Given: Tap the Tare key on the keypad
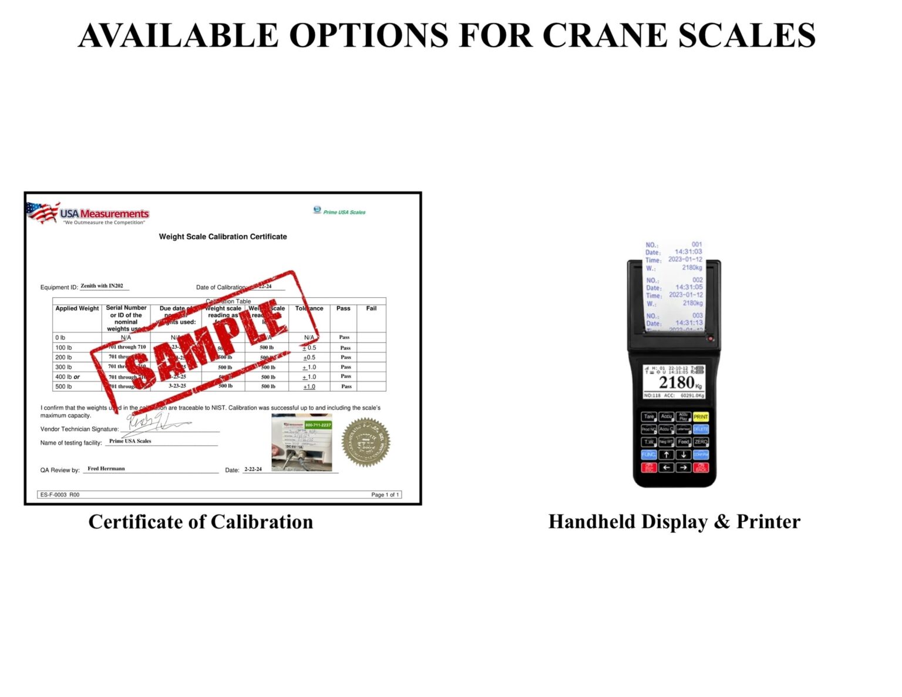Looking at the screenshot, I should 648,416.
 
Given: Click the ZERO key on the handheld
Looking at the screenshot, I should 701,442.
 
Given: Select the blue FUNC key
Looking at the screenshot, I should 648,454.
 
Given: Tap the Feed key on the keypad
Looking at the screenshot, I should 683,442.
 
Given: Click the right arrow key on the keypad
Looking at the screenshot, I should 683,467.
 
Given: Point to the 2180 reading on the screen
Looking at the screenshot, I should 676,383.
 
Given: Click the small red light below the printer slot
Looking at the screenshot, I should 710,339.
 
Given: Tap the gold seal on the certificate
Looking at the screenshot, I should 366,442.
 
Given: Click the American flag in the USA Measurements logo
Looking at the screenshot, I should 43,212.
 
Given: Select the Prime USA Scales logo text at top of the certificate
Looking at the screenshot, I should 344,212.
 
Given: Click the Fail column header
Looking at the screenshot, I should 371,308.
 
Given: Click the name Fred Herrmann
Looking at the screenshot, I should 106,469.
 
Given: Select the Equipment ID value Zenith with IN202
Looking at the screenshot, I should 102,286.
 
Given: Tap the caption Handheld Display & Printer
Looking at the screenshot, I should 674,521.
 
